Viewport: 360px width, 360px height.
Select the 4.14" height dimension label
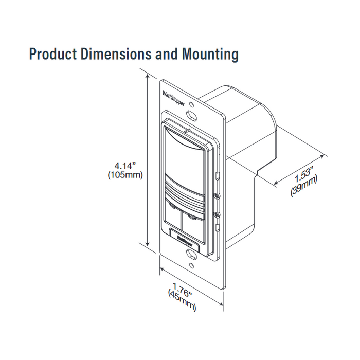[125, 166]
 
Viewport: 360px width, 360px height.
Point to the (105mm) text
[125, 175]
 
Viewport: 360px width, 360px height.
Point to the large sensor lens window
[183, 154]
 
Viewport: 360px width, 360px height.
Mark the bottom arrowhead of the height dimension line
[149, 245]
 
